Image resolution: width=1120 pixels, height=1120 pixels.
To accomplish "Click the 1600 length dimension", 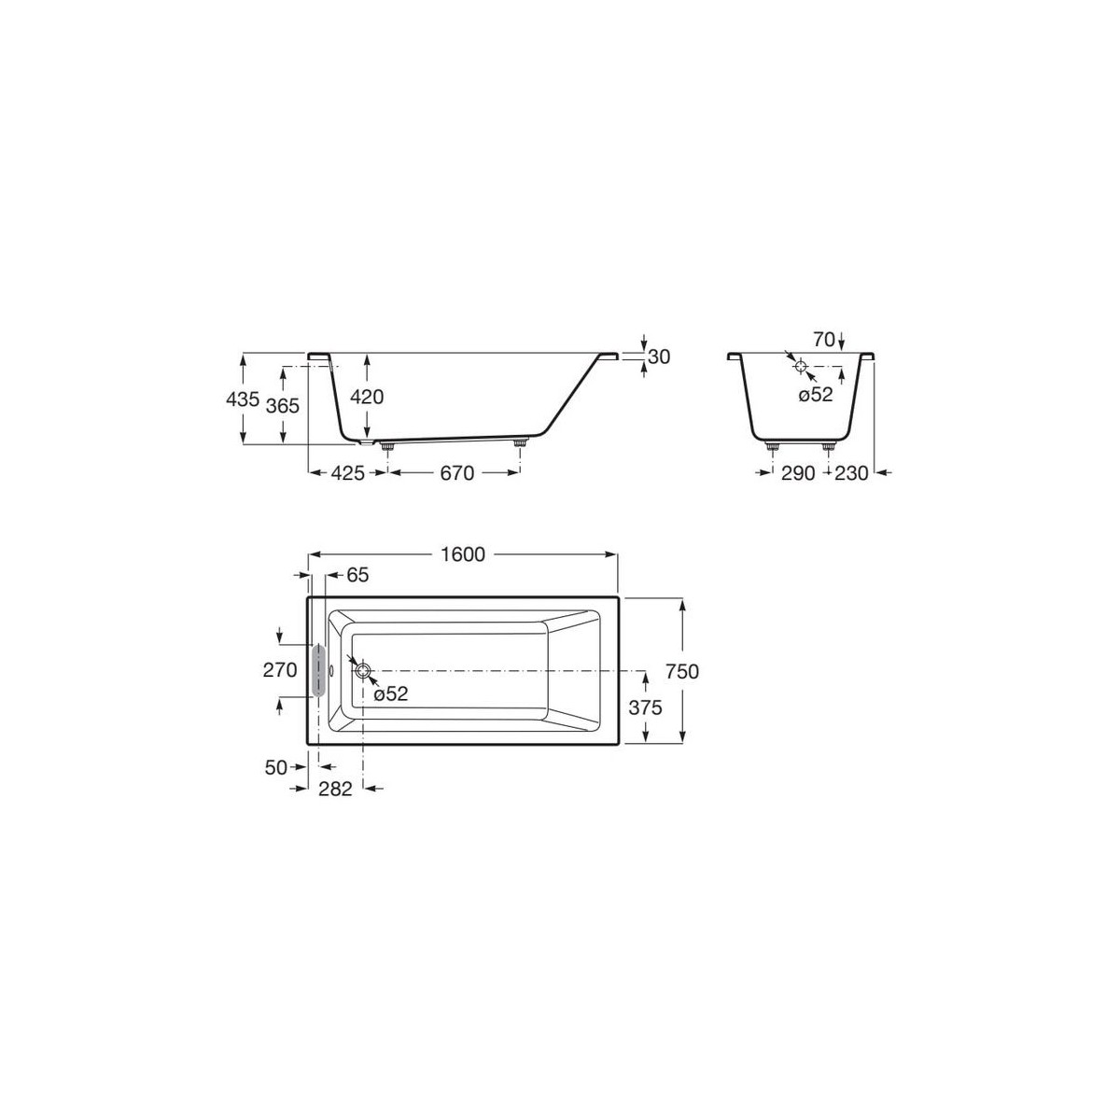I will click(x=462, y=554).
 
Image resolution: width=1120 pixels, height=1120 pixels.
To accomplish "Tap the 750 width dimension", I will click(x=683, y=671).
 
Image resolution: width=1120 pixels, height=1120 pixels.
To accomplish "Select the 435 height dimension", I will click(x=242, y=399).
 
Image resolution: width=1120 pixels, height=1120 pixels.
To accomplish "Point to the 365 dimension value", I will click(x=281, y=405).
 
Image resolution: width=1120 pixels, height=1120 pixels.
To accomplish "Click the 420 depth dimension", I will click(x=367, y=397).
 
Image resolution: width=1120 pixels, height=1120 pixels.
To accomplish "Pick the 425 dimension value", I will click(x=347, y=473).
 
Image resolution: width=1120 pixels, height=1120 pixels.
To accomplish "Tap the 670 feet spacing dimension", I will click(x=456, y=473).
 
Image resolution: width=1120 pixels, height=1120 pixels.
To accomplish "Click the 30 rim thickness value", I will click(x=659, y=356).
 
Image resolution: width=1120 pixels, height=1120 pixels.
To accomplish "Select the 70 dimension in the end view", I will click(x=822, y=340).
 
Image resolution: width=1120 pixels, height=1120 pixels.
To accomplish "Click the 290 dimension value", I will click(x=798, y=473).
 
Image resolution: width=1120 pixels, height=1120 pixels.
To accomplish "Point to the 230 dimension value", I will click(x=852, y=473).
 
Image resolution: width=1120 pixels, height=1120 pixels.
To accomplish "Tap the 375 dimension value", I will click(x=644, y=707).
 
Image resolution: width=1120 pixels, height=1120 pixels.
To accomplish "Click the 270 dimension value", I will click(x=280, y=670).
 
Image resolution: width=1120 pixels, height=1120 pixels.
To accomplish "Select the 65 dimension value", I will click(x=357, y=576).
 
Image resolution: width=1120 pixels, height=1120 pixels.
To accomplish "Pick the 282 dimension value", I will click(x=335, y=789).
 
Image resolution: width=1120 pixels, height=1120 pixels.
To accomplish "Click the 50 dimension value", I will click(x=276, y=767).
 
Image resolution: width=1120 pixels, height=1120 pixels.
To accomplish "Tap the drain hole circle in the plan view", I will click(x=363, y=670).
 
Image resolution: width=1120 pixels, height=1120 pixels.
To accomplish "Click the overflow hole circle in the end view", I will click(x=800, y=366).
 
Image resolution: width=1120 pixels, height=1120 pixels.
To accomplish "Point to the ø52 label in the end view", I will click(x=815, y=395).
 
